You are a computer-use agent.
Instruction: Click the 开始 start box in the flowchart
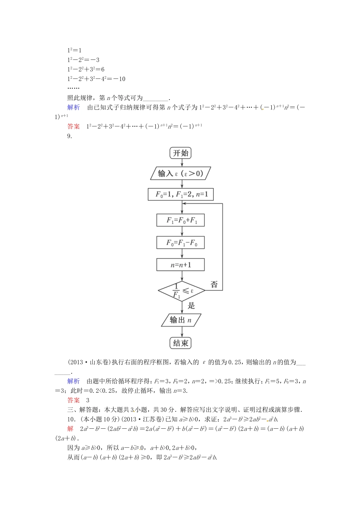point(181,153)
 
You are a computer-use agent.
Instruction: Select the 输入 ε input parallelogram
point(181,173)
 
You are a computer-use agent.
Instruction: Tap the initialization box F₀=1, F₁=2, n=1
point(181,194)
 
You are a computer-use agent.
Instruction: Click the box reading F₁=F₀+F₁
point(181,220)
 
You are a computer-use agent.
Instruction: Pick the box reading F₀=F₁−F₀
point(181,242)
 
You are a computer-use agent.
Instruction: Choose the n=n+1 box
point(181,265)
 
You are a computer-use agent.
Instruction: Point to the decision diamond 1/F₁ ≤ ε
point(182,291)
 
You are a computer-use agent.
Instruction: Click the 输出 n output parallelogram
point(181,320)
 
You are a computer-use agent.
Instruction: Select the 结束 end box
point(181,343)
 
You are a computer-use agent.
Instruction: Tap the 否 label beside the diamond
point(214,284)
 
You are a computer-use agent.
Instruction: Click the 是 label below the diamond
point(191,306)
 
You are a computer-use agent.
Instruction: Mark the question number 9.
point(70,136)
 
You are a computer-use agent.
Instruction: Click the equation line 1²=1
point(74,50)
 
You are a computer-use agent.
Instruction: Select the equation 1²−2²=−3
point(83,59)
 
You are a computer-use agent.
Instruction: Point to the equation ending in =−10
point(96,79)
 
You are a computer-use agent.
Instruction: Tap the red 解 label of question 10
point(70,429)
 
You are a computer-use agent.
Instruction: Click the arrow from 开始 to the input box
point(181,163)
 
